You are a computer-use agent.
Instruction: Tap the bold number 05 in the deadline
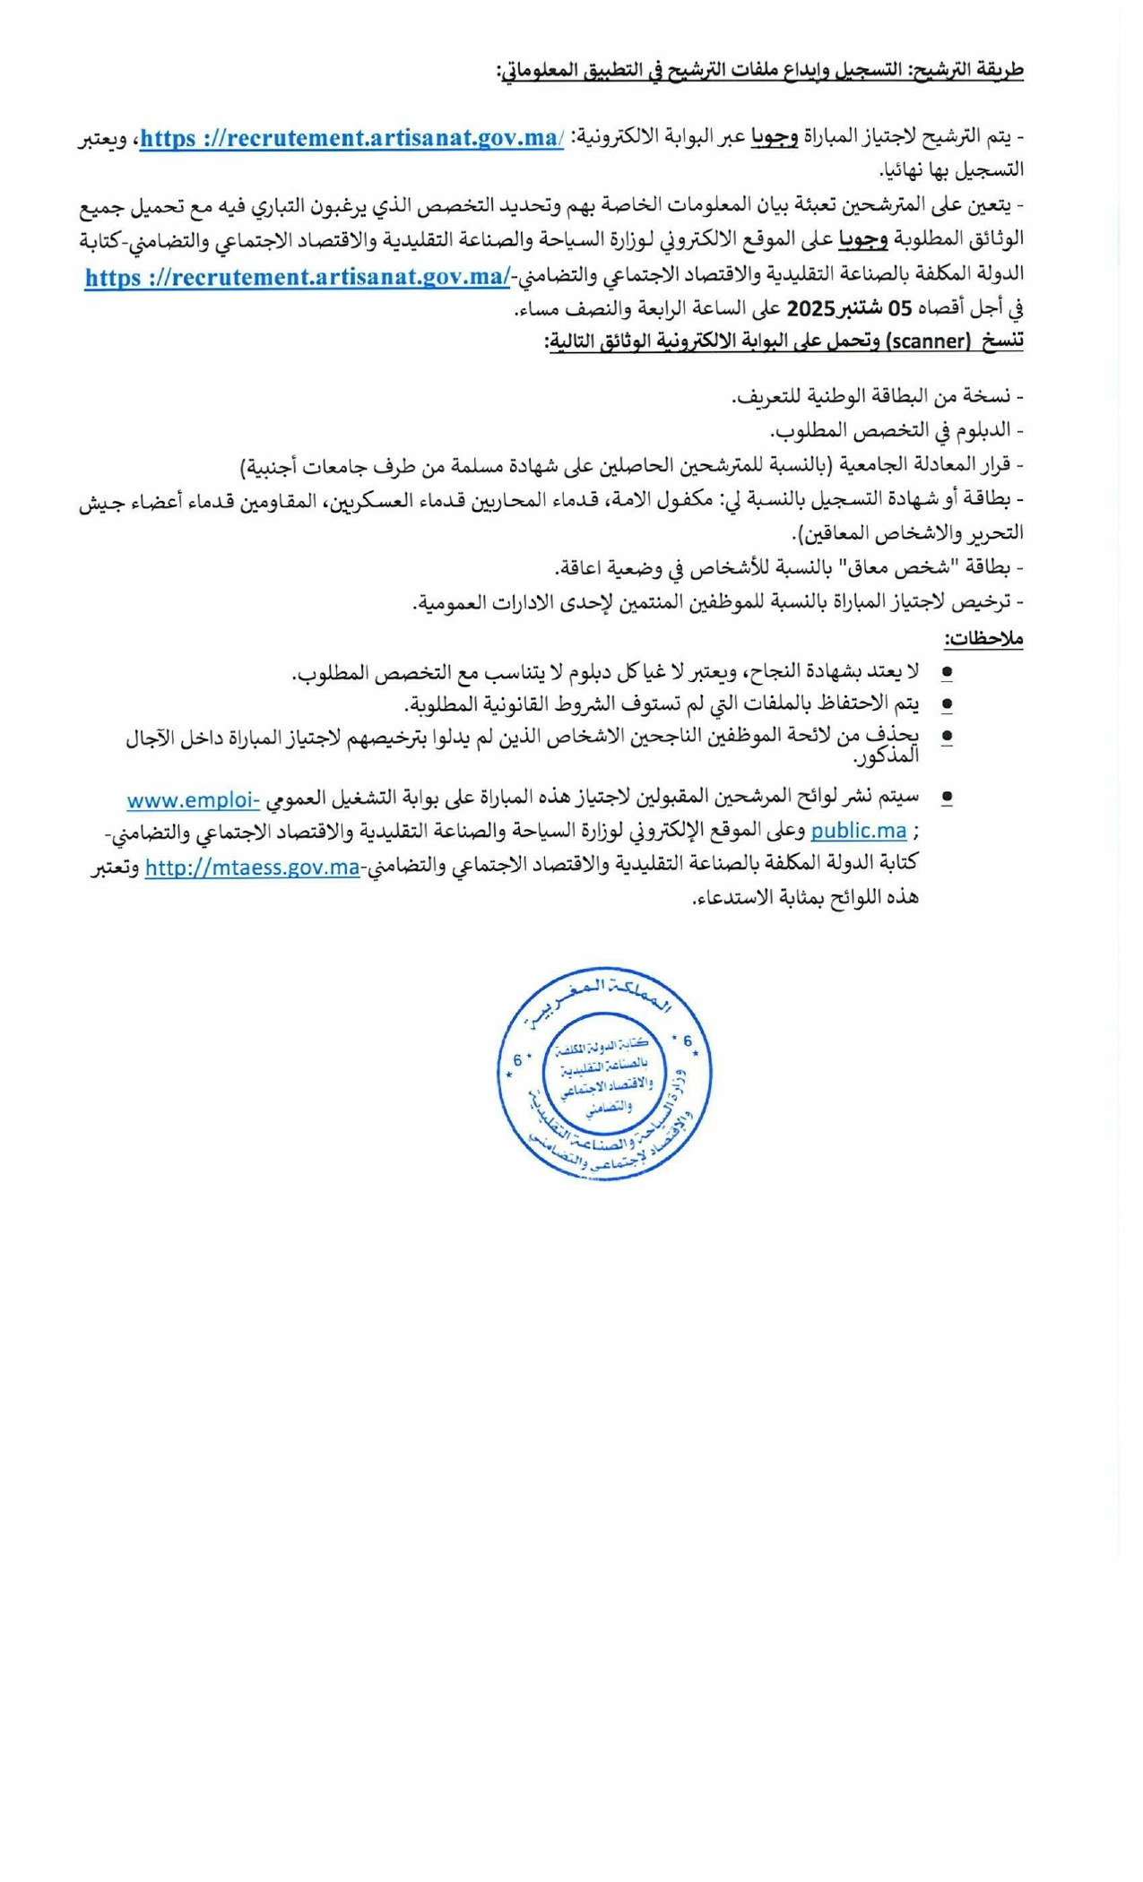click(900, 309)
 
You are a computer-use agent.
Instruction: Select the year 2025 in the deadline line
click(810, 309)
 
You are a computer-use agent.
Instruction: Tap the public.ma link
click(858, 831)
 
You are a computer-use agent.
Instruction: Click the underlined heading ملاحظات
click(983, 639)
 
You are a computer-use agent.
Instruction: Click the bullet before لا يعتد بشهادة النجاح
click(947, 672)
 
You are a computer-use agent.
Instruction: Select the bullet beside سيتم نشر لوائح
click(947, 796)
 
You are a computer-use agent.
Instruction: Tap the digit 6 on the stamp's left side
click(517, 1061)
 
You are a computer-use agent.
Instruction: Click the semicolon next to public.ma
click(915, 833)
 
